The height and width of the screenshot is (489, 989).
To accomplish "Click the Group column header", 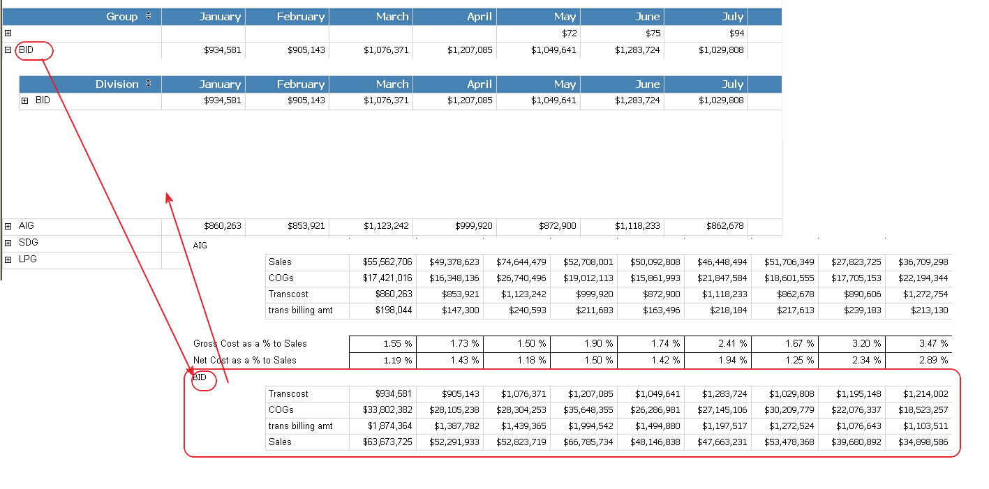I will (x=121, y=17).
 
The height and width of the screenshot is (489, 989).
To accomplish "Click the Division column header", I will (x=117, y=84).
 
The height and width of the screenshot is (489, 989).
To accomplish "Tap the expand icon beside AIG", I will (x=8, y=227).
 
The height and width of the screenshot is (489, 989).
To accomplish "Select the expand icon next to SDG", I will (x=8, y=243).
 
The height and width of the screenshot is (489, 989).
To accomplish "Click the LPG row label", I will (x=27, y=259).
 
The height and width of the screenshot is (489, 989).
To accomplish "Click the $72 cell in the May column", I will (x=569, y=33).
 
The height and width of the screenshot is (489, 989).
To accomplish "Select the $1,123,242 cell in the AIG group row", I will (x=386, y=226).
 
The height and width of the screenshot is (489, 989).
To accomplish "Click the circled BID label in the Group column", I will (x=27, y=50).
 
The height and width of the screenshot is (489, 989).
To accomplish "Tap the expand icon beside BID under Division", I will (x=25, y=101).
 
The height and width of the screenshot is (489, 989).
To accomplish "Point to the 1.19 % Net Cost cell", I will (x=398, y=361).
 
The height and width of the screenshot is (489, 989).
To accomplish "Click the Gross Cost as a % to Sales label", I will (x=250, y=344).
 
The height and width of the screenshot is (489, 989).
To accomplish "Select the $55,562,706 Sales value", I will (x=387, y=262).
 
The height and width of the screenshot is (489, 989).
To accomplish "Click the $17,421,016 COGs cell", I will (x=387, y=278).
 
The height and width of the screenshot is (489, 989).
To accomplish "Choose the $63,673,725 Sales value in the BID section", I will (x=387, y=442).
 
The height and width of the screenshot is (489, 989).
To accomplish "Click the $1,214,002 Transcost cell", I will (x=925, y=394).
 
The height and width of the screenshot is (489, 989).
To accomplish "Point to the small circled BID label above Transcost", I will (x=200, y=377).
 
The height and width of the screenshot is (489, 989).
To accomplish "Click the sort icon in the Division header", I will (x=148, y=84).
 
